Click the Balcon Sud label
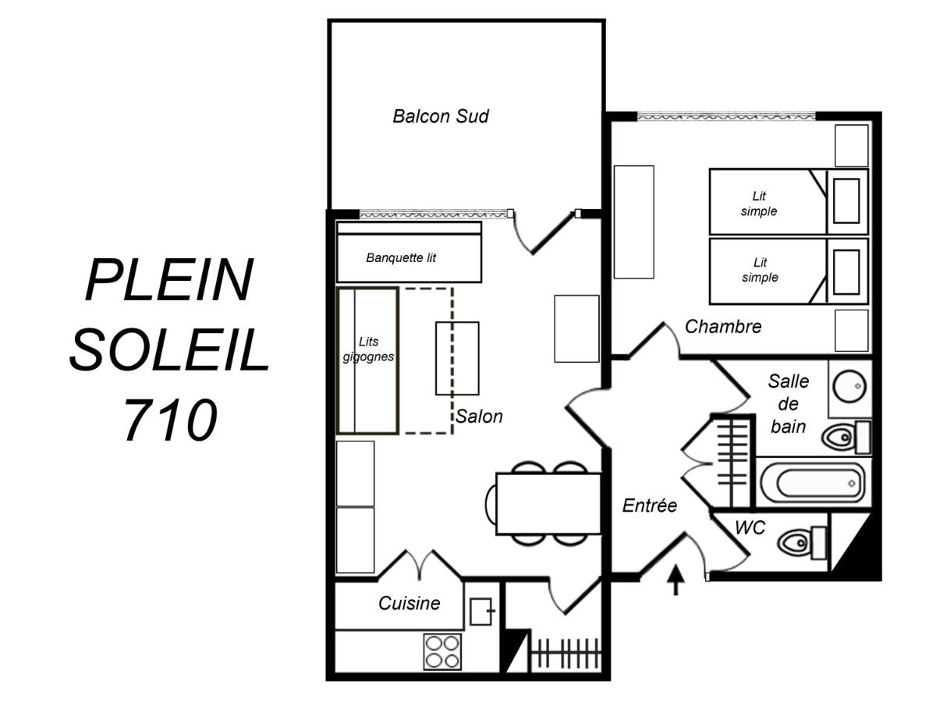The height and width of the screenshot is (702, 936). [x=440, y=116]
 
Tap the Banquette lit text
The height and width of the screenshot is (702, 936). [x=401, y=257]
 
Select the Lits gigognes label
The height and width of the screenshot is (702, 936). [x=368, y=349]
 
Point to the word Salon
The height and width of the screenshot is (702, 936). [x=479, y=417]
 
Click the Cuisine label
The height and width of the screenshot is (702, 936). [x=409, y=603]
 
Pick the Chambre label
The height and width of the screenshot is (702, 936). [x=723, y=327]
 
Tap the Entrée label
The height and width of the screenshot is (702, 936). [x=650, y=505]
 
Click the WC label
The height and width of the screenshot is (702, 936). [x=750, y=528]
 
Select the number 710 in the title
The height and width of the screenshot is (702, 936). [x=171, y=420]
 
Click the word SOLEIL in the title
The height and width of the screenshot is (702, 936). [x=169, y=350]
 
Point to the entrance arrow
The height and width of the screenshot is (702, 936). [x=676, y=580]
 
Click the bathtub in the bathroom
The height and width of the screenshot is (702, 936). [x=814, y=484]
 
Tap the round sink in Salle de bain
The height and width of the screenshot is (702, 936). [x=849, y=386]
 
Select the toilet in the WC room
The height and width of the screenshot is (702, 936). [x=803, y=543]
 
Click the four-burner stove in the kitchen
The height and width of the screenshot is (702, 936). [x=442, y=652]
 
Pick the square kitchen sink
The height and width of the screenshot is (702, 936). [x=482, y=612]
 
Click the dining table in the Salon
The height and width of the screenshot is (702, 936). [x=548, y=503]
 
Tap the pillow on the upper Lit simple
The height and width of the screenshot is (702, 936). [x=846, y=200]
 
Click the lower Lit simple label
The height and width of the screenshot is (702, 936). [x=760, y=270]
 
